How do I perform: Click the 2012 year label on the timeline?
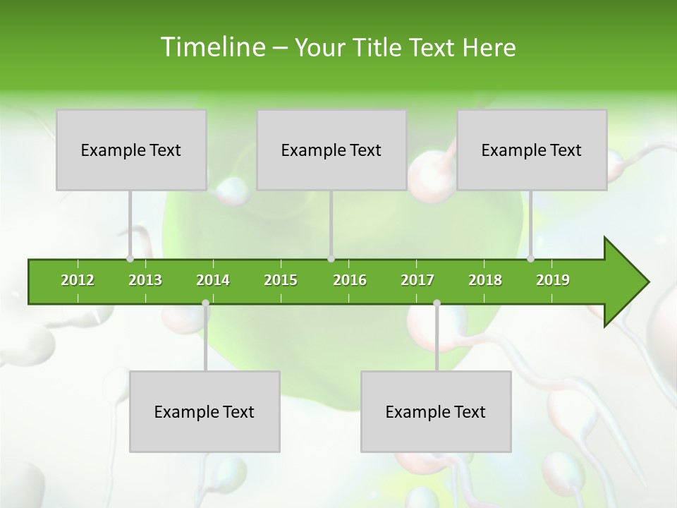click(78, 280)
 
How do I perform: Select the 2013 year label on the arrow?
click(145, 280)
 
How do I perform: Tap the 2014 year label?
click(213, 280)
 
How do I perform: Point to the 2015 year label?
click(281, 280)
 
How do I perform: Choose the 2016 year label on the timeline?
click(350, 280)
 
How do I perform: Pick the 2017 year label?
click(417, 280)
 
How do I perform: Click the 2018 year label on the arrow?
click(485, 280)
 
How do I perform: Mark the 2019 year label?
click(553, 280)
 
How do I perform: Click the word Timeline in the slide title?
click(212, 47)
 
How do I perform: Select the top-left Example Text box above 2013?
click(131, 150)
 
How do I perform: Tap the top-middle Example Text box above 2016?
click(331, 150)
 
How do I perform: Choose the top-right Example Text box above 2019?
click(532, 150)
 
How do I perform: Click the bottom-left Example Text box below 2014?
click(205, 411)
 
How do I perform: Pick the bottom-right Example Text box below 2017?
click(436, 411)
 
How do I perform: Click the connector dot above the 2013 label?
click(130, 258)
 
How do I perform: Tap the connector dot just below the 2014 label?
click(205, 303)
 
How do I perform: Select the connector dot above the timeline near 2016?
click(331, 258)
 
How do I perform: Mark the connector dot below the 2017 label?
click(437, 303)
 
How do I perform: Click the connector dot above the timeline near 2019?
click(530, 258)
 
